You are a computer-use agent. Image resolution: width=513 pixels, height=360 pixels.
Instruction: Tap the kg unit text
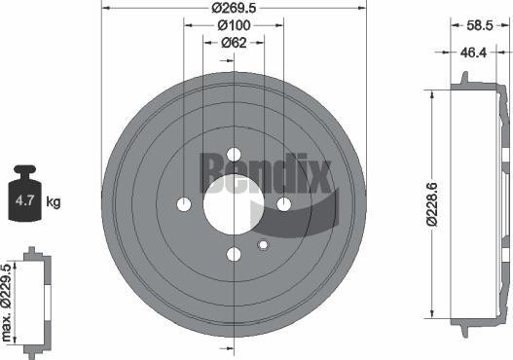coord(54,202)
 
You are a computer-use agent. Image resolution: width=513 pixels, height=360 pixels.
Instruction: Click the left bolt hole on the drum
coord(184,204)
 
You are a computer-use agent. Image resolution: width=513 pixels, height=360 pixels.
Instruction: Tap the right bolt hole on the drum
coord(284,204)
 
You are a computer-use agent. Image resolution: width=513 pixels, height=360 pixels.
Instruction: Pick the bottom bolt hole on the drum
coord(234,255)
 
